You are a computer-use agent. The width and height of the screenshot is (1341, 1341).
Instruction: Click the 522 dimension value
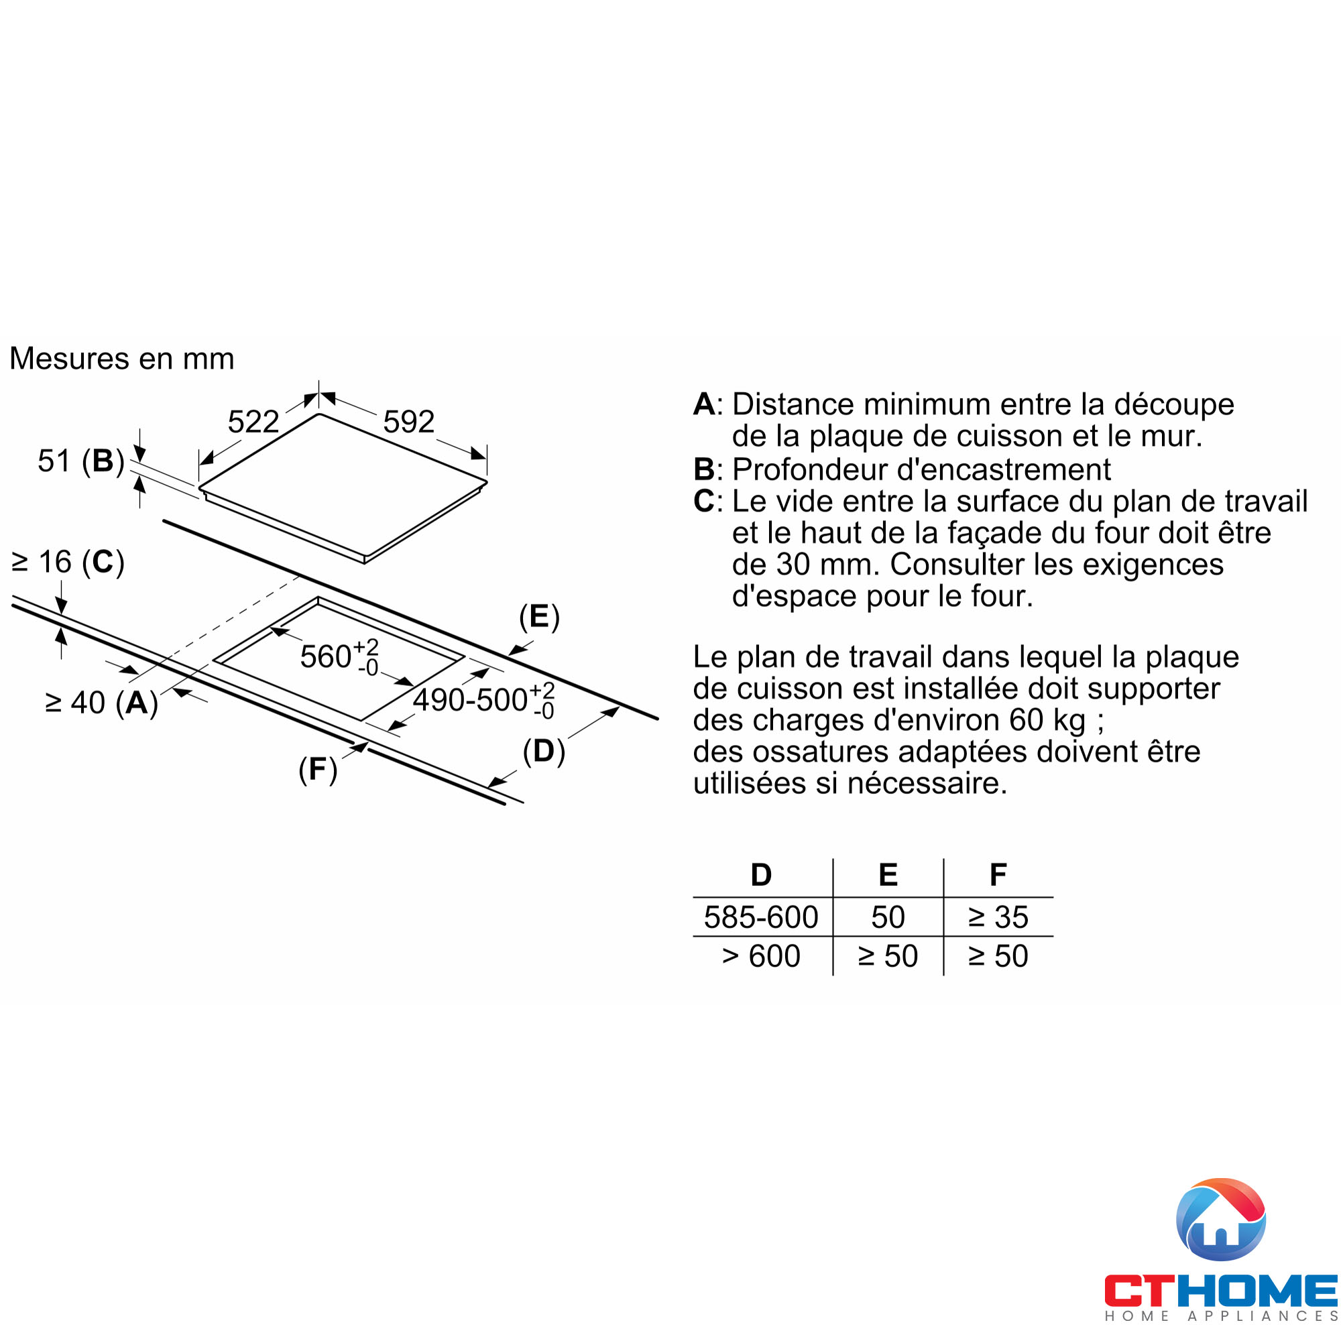[x=253, y=421]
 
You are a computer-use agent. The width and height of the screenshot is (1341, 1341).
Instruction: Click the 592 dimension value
[x=409, y=421]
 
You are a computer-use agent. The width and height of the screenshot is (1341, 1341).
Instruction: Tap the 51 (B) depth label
[x=81, y=461]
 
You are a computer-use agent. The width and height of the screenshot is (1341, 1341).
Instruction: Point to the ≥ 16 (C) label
[x=68, y=561]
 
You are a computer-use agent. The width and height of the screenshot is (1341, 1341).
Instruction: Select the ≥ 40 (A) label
[x=102, y=703]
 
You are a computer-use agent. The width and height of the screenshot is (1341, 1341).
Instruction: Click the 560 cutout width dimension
[x=339, y=656]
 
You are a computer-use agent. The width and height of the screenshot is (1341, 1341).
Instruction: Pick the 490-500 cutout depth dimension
[x=484, y=699]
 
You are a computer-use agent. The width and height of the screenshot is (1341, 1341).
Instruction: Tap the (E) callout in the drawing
[x=539, y=616]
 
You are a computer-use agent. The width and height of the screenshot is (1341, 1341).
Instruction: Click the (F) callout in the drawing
[x=318, y=769]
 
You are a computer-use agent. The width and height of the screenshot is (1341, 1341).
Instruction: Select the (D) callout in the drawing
[x=544, y=751]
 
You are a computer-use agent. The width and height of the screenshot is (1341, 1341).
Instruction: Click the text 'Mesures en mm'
[x=121, y=359]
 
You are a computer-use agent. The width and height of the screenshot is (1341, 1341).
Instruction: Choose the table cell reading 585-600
[x=761, y=917]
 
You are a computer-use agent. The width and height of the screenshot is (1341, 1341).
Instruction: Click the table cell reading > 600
[x=761, y=955]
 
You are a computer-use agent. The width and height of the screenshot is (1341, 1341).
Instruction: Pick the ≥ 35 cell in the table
[x=998, y=917]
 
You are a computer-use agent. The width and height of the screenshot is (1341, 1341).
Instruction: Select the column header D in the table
[x=762, y=874]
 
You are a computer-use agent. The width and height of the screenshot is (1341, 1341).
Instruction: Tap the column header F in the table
[x=998, y=874]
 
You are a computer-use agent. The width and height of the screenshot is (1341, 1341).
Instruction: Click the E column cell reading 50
[x=888, y=917]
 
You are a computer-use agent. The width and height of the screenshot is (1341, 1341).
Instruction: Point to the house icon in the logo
[x=1221, y=1220]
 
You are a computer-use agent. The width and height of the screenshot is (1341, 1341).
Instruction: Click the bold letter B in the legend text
[x=704, y=469]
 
